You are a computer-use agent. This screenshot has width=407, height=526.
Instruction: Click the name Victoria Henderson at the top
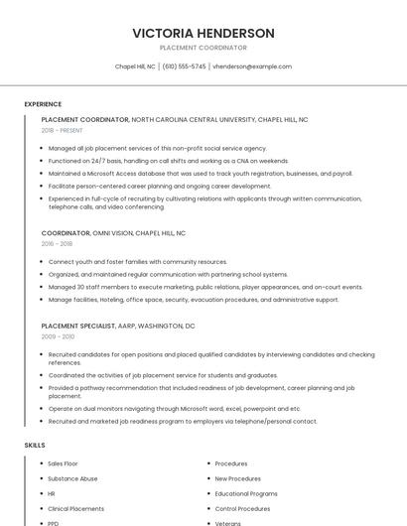[x=203, y=33]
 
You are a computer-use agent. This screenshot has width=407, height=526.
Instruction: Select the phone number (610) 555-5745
[x=185, y=66]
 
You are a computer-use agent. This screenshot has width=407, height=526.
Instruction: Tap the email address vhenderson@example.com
[x=252, y=66]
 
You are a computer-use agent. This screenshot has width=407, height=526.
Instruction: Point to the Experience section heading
[x=43, y=104]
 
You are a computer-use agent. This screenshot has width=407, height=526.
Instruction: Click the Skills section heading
[x=35, y=446]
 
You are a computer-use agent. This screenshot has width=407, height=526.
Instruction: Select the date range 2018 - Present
[x=64, y=130]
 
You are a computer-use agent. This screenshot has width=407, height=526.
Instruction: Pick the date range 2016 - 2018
[x=57, y=243]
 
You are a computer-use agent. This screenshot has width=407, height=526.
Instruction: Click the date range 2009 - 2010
[x=57, y=336]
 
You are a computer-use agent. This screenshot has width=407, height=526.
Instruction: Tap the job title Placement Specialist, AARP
[x=118, y=326]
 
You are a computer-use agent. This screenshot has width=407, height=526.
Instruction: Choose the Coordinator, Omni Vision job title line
[x=113, y=232]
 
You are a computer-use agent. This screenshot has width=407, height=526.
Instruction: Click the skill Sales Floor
[x=63, y=463]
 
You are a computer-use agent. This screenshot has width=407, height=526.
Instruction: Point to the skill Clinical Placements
[x=75, y=508]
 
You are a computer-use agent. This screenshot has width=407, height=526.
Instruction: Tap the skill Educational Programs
[x=246, y=493]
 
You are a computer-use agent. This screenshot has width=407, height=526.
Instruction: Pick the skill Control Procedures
[x=242, y=508]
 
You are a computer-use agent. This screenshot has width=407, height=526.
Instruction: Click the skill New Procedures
[x=237, y=478]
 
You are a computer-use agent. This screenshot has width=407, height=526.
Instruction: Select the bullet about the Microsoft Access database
[x=200, y=174]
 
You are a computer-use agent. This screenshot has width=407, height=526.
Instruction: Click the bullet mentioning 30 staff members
[x=204, y=287]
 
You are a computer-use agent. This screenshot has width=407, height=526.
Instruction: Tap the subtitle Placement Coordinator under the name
[x=203, y=48]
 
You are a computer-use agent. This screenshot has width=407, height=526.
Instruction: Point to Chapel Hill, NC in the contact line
[x=136, y=66]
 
